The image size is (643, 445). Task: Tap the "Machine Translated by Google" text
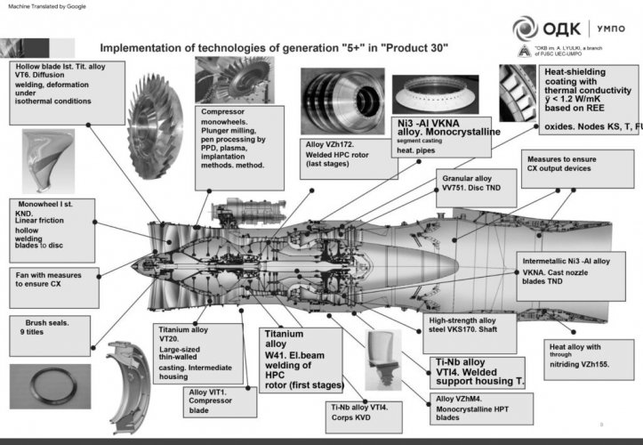[46, 6]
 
